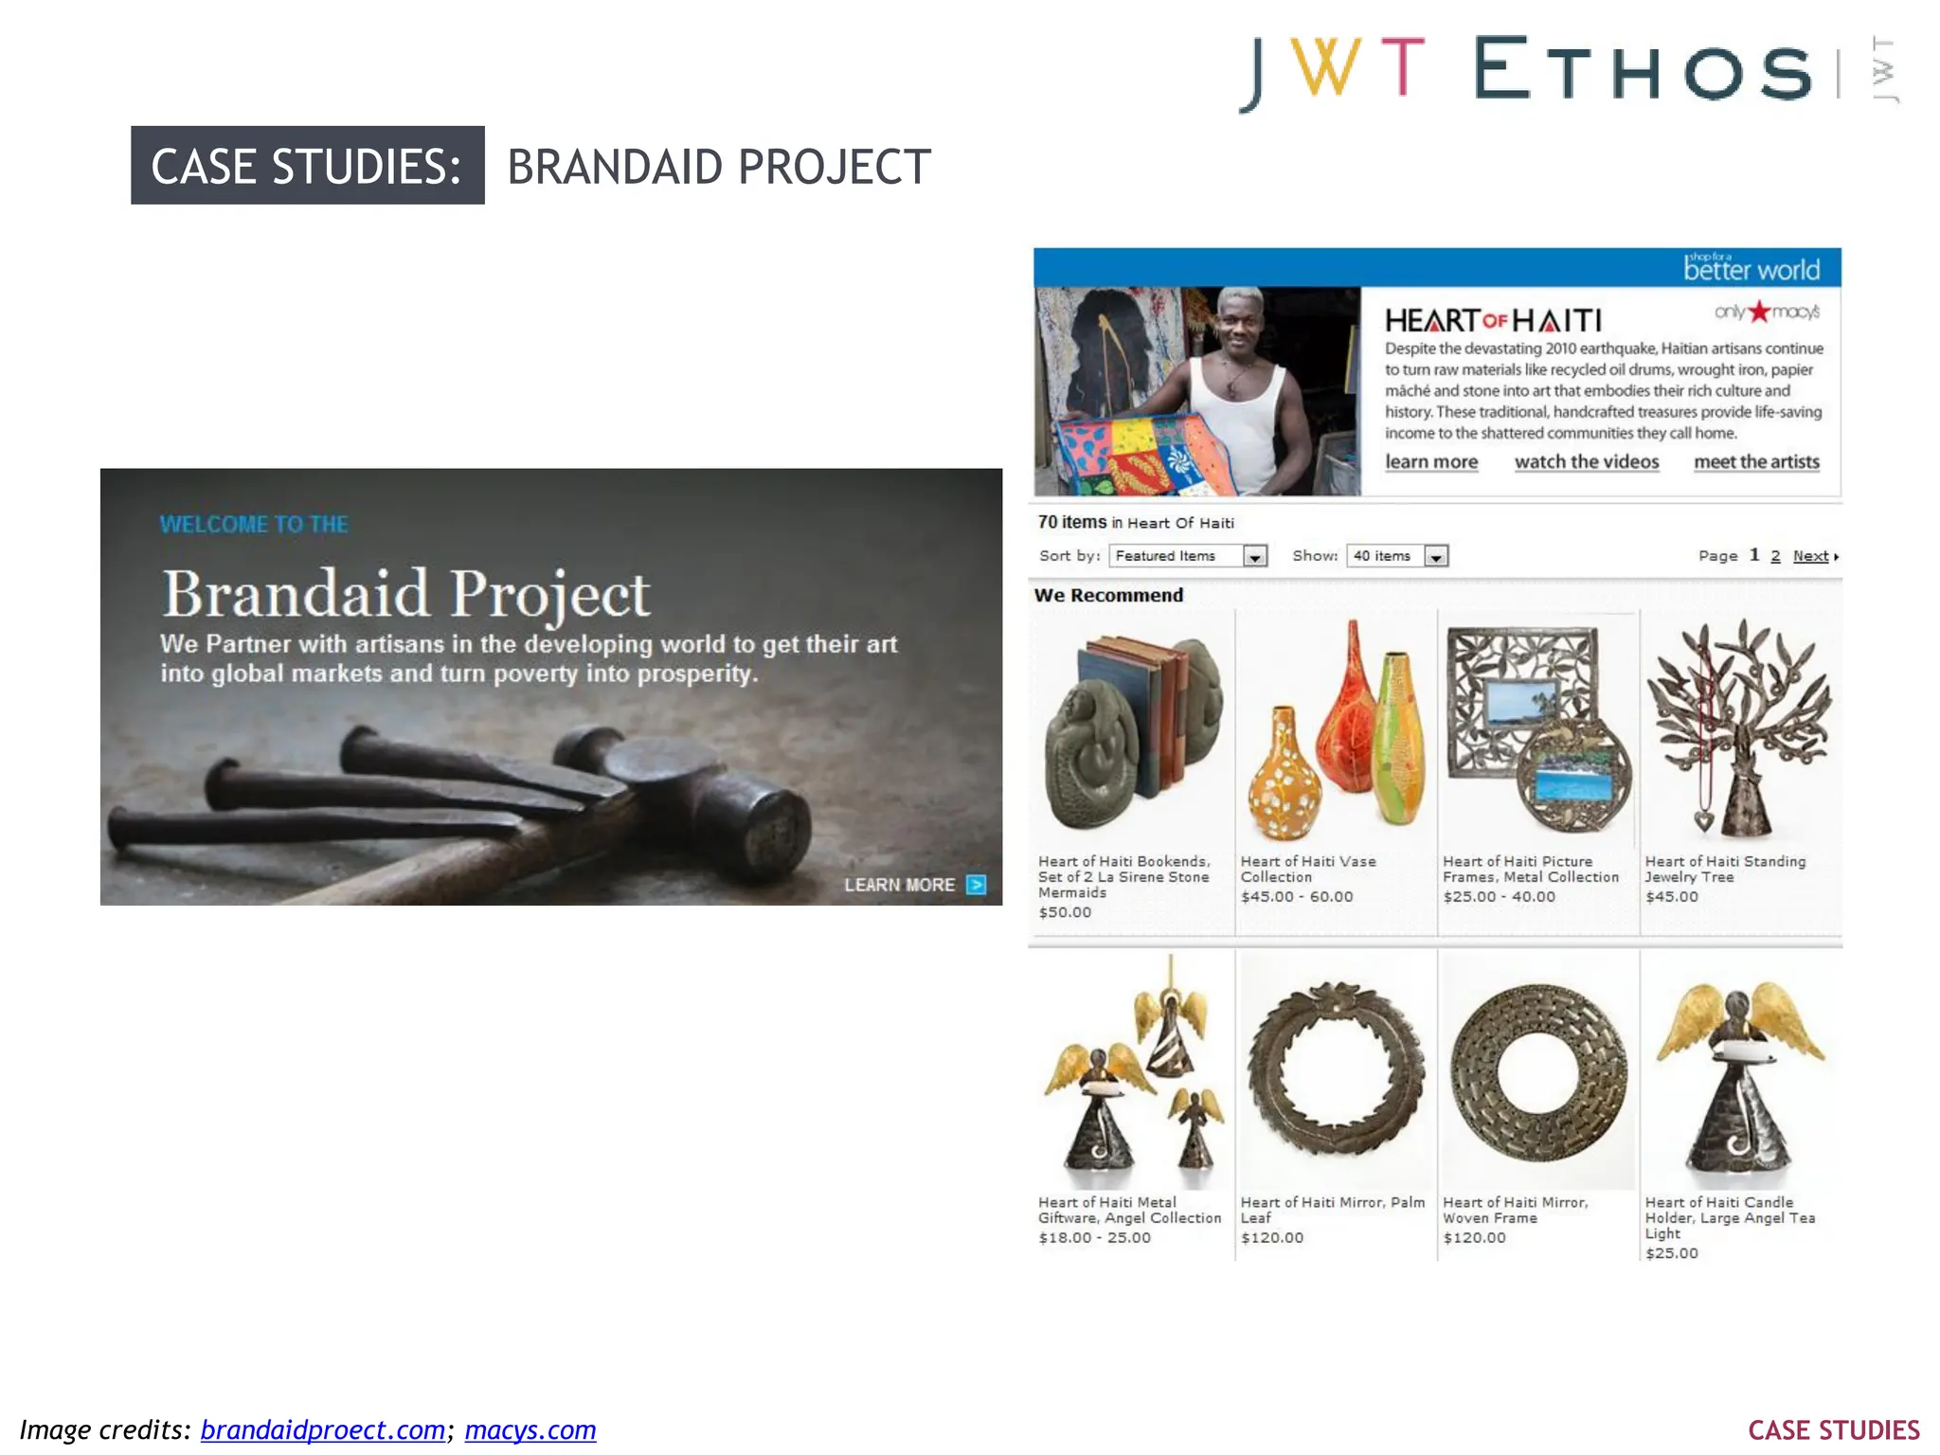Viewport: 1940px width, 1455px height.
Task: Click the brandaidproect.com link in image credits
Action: (x=322, y=1429)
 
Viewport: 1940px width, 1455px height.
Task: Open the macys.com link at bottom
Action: (x=530, y=1429)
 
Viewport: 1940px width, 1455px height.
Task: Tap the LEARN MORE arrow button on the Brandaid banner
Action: (x=976, y=885)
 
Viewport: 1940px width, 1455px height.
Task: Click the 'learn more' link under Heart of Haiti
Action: (x=1430, y=462)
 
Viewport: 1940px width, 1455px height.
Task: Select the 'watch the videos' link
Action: (x=1587, y=462)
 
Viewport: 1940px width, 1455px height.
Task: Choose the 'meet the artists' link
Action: (x=1756, y=462)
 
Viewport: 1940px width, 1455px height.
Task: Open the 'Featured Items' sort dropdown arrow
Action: (x=1255, y=557)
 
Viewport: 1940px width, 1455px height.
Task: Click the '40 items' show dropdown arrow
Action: (x=1436, y=557)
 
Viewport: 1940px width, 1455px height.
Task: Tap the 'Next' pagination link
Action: (x=1811, y=556)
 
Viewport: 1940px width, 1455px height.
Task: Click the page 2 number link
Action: (x=1775, y=556)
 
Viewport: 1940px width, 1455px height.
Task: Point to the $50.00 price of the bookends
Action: (x=1065, y=912)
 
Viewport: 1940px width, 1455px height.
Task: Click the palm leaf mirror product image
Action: (x=1335, y=1070)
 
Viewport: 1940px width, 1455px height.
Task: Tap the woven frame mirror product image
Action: (x=1537, y=1070)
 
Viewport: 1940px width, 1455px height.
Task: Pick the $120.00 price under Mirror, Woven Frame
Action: (x=1474, y=1238)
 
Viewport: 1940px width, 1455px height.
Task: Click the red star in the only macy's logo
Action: (x=1759, y=311)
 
